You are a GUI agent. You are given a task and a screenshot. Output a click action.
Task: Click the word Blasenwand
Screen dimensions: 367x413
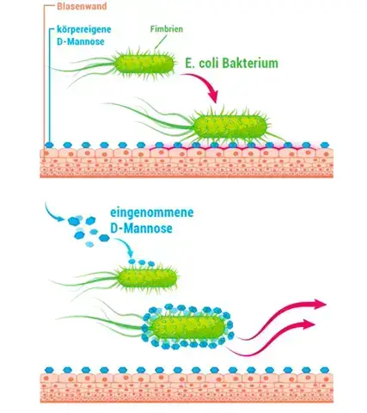click(x=82, y=6)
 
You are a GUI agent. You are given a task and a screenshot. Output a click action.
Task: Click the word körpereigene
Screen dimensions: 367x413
click(x=84, y=29)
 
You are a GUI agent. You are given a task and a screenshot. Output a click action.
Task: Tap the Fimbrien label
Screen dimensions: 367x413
click(x=167, y=29)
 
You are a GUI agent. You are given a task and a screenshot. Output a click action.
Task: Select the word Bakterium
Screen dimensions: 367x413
click(x=250, y=64)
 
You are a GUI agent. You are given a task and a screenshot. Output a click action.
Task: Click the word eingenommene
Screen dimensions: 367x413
click(x=152, y=213)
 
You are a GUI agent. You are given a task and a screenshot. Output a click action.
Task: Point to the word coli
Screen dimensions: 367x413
click(x=209, y=64)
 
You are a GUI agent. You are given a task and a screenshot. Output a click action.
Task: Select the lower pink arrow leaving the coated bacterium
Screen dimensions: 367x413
click(x=272, y=338)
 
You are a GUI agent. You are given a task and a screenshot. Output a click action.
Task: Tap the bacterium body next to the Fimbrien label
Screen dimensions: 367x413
click(x=144, y=64)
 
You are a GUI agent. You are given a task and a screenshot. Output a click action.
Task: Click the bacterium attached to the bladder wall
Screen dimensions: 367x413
click(x=230, y=126)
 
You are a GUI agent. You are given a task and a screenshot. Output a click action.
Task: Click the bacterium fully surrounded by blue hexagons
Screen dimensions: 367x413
click(x=187, y=327)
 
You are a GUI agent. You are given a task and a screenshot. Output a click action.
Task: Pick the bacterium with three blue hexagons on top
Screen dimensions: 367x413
click(x=147, y=278)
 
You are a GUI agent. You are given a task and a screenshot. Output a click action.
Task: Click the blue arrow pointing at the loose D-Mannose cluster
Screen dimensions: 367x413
click(x=54, y=213)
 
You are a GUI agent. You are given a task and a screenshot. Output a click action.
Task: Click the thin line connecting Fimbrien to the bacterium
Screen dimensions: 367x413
click(x=161, y=42)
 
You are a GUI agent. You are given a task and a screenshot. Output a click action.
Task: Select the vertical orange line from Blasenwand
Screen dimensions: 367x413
click(x=45, y=75)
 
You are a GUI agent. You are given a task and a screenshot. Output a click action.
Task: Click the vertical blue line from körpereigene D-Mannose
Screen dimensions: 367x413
click(x=50, y=86)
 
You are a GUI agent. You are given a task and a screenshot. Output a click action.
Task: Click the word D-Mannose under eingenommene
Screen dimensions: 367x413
click(x=141, y=229)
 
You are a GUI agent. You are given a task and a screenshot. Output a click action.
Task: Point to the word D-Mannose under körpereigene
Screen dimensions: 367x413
click(x=81, y=41)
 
